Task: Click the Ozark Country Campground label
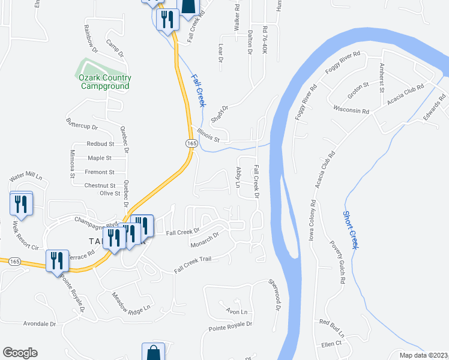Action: [105, 82]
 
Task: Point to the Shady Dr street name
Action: [220, 112]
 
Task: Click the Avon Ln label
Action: [236, 312]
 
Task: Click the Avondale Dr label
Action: [39, 323]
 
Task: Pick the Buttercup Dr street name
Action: [82, 126]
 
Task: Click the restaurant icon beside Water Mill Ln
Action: [20, 204]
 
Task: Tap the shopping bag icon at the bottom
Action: [153, 353]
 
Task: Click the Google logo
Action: [20, 353]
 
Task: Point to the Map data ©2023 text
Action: [423, 355]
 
